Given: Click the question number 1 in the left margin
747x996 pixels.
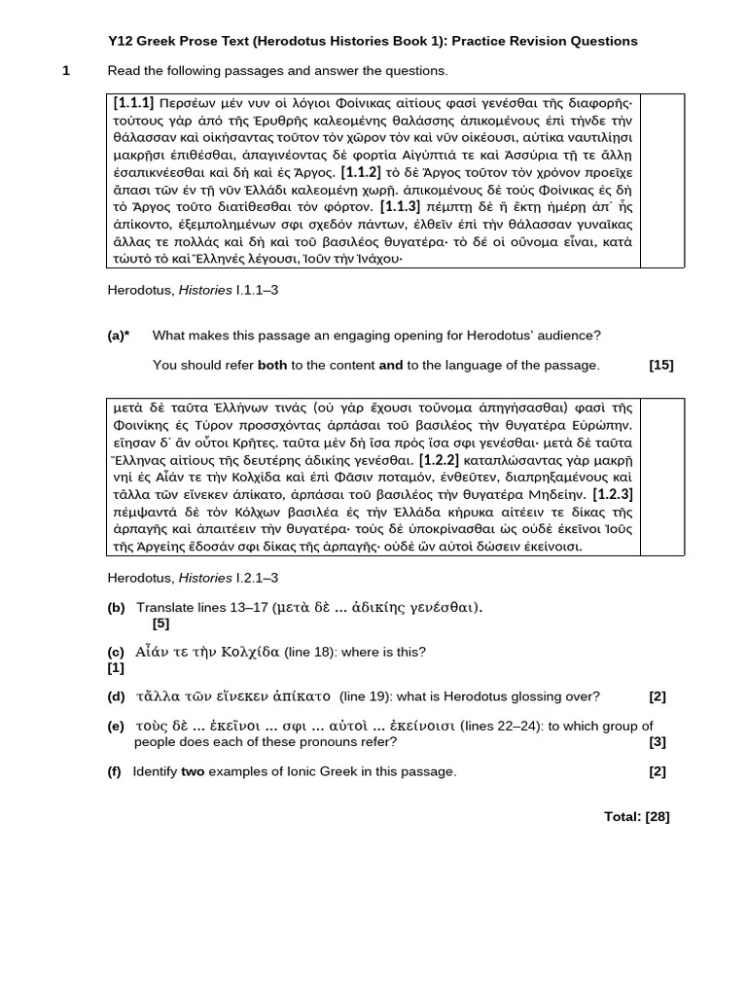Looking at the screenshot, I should pos(66,71).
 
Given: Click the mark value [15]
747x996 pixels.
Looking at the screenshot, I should pos(660,365).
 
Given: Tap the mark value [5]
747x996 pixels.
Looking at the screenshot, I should pos(160,623).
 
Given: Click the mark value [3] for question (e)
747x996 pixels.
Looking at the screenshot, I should pos(658,742).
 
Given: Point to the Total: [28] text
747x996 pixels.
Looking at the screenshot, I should pos(636,816).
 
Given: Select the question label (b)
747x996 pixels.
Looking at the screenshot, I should pos(116,607).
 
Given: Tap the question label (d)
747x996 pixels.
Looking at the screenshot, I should pos(116,695).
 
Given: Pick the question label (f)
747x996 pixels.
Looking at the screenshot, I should pos(115,771).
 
